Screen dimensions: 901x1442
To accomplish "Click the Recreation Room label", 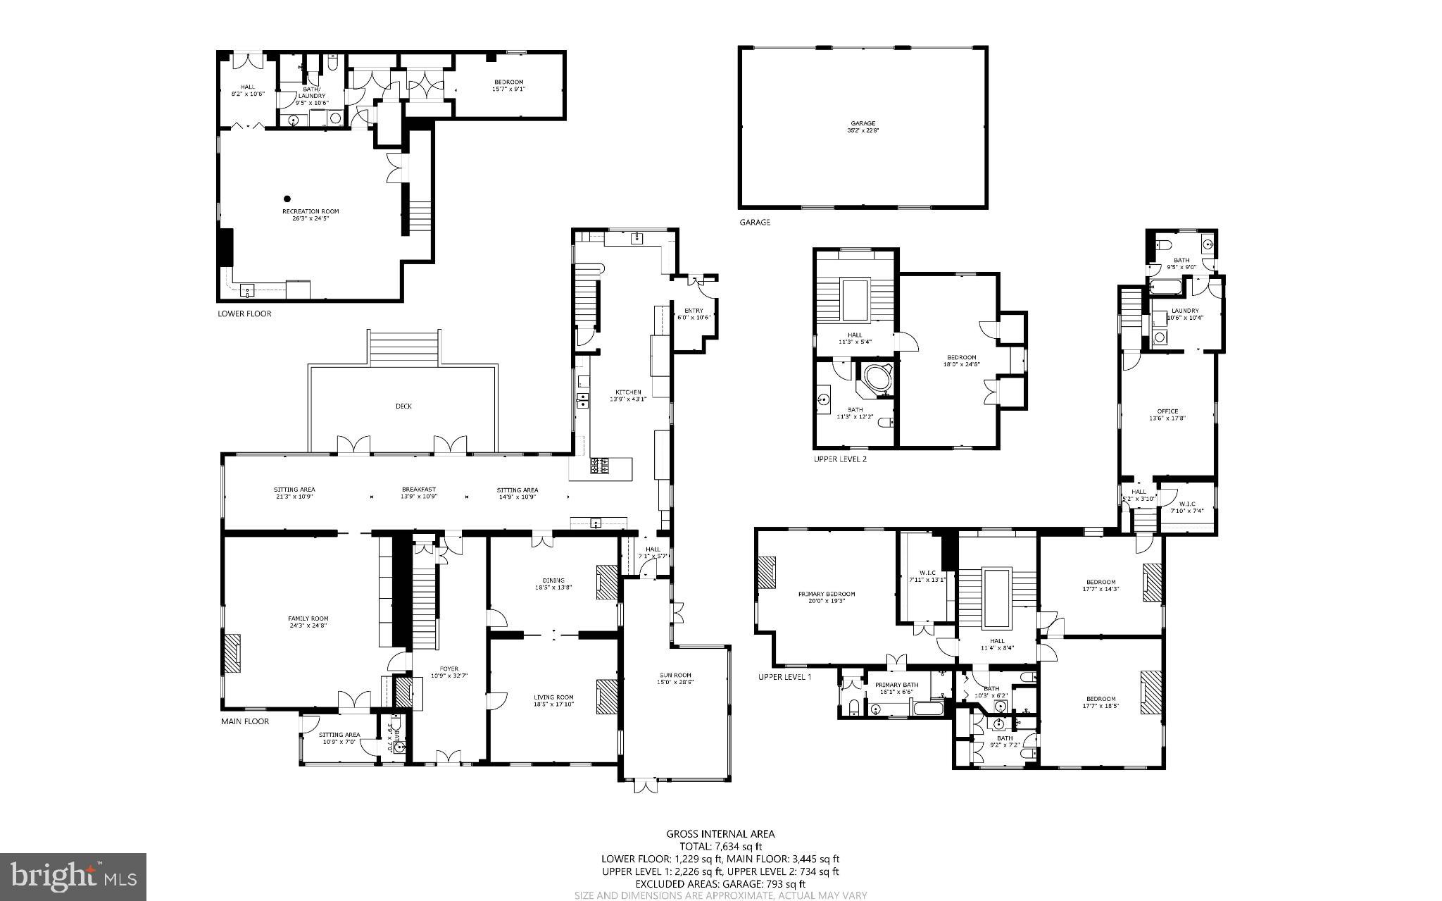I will tap(311, 211).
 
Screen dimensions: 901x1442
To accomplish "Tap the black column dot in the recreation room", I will tap(287, 199).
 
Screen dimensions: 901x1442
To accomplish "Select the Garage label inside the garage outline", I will tap(863, 123).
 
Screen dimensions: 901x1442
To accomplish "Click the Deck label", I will tap(403, 406).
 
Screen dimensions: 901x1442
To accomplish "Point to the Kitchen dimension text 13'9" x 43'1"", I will tap(629, 399).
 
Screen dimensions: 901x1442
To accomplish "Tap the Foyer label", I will tap(449, 669).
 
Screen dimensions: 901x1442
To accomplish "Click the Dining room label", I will tap(553, 580).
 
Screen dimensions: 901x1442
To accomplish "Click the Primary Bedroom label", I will tap(827, 594).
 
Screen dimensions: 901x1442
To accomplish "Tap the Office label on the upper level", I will tap(1167, 411).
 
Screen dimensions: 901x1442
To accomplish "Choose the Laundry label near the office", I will tap(1185, 311).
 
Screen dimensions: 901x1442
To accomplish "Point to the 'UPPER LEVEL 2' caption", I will tap(840, 459).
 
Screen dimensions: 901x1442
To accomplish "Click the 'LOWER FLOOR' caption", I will tap(244, 314).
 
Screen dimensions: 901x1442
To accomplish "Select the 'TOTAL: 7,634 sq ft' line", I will tap(720, 847).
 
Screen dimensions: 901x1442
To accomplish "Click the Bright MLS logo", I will tap(73, 877).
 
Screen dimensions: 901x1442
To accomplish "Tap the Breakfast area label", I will tap(419, 490).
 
